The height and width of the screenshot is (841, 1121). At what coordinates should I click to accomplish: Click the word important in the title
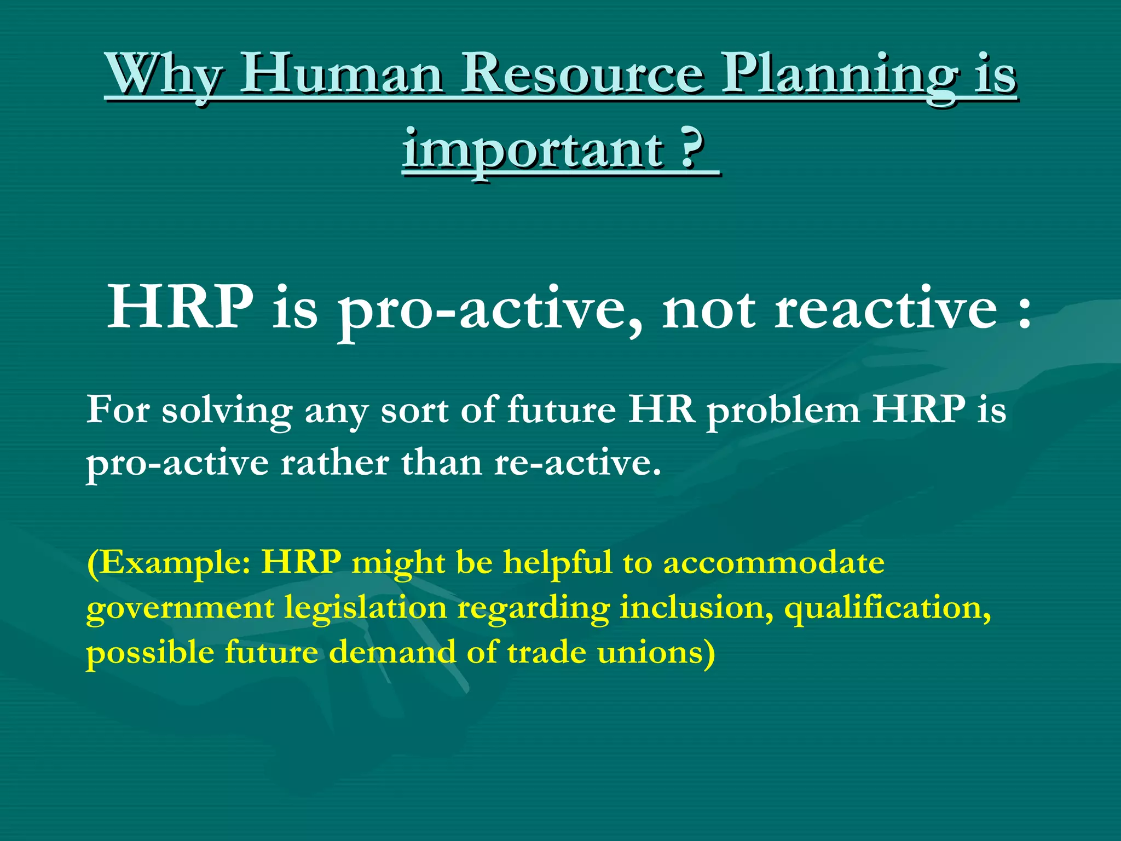click(533, 151)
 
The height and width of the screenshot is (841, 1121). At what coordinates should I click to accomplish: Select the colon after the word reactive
click(1024, 315)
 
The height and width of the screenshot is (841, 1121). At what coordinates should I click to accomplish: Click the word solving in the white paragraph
click(227, 411)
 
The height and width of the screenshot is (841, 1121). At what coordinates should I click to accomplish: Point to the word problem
click(783, 411)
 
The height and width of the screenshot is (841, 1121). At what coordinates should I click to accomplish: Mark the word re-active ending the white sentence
click(577, 463)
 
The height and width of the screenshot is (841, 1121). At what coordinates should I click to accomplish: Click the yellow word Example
click(170, 563)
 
